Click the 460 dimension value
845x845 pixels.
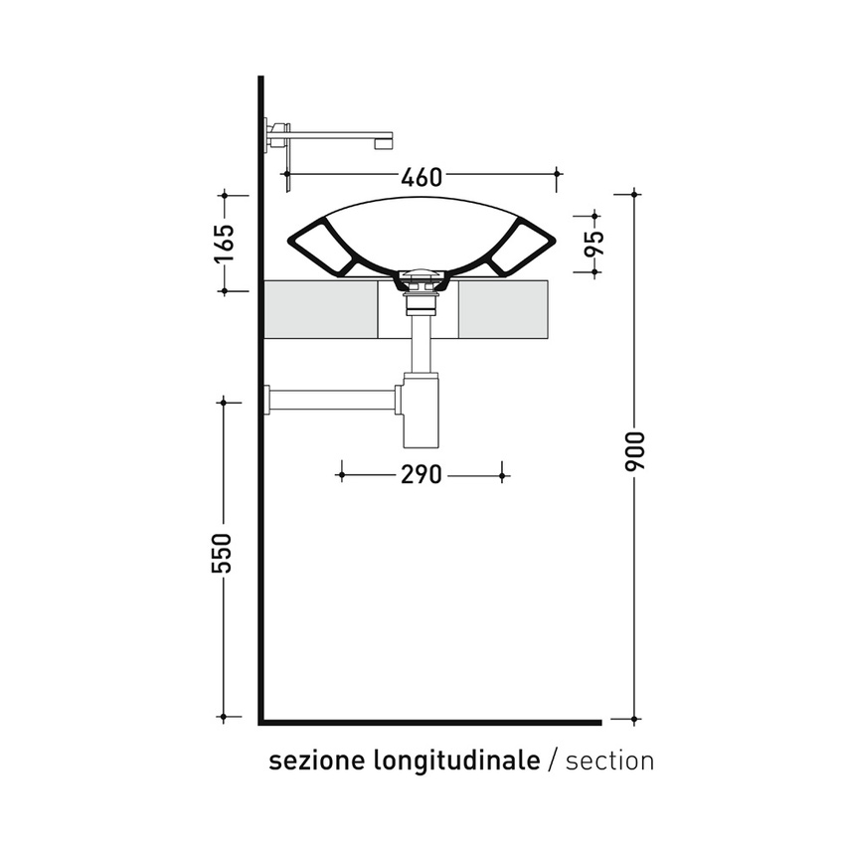pos(422,178)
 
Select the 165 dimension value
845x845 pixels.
pos(224,243)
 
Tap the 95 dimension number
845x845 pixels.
pos(593,243)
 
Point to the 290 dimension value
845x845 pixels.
pos(422,475)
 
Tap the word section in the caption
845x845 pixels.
pos(609,761)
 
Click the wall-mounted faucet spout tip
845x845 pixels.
pos(382,141)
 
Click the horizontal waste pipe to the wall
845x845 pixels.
pos(333,400)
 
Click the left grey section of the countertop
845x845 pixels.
pos(320,309)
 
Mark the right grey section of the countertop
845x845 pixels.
pos(503,309)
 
